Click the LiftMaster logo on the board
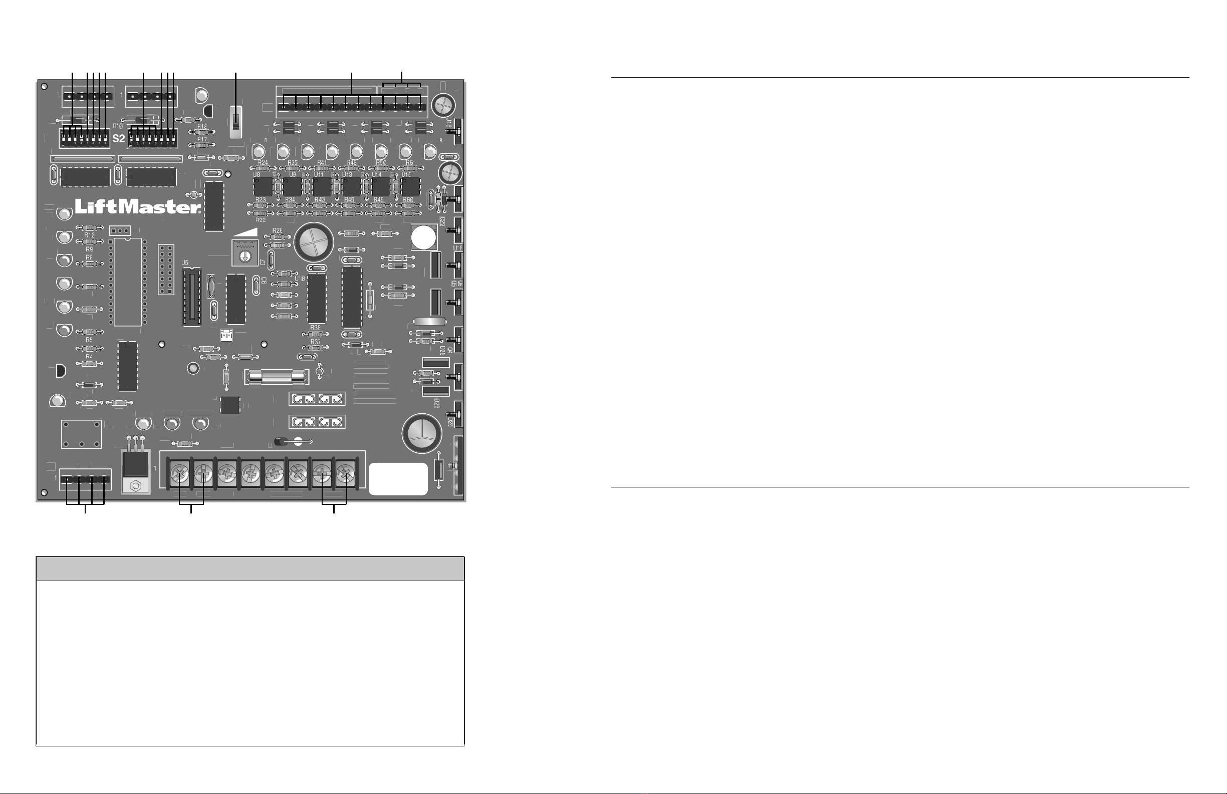point(138,207)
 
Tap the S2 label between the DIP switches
point(119,138)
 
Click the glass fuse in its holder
point(277,377)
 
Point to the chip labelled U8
point(263,187)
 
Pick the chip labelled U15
point(411,187)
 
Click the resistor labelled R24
point(263,169)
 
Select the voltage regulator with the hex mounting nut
point(136,471)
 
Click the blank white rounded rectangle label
point(398,479)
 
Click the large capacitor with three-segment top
point(422,433)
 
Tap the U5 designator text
point(185,263)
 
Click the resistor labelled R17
point(201,145)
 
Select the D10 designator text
point(118,126)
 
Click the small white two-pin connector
point(226,336)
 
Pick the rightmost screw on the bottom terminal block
point(345,472)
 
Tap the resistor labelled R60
point(408,206)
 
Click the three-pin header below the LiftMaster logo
point(120,230)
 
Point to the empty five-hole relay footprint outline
point(82,434)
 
